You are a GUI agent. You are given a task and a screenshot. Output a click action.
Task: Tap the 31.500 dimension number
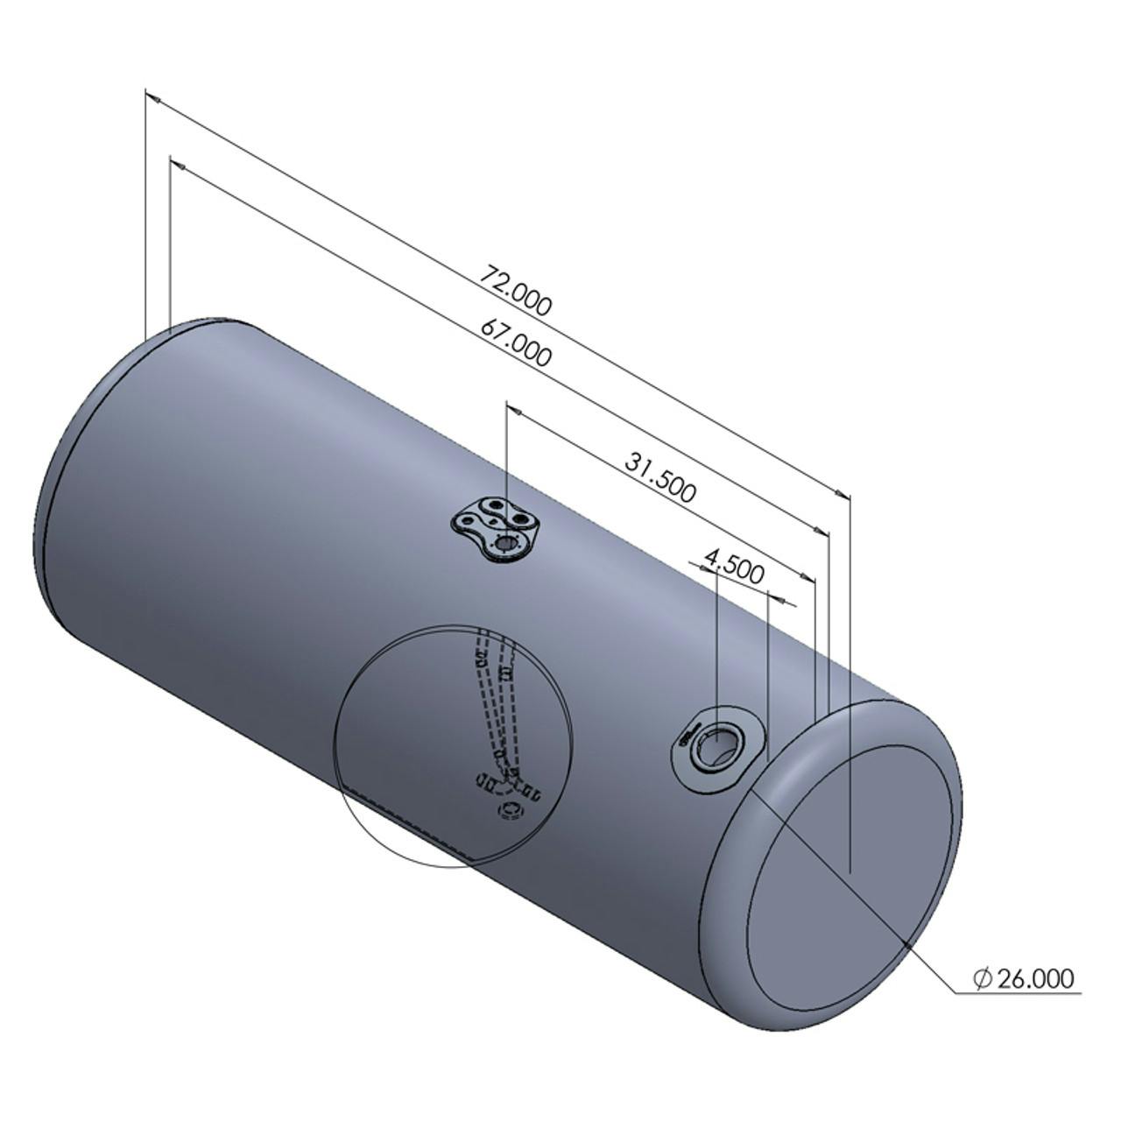660,476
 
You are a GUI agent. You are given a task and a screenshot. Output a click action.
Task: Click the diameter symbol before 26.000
982,979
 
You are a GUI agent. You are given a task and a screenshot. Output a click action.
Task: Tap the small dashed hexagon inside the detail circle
510,811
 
